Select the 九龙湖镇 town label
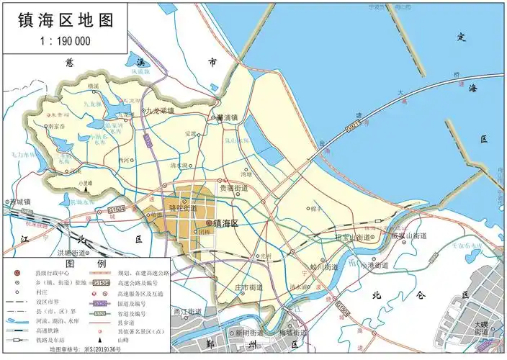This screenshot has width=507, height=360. coord(160,111)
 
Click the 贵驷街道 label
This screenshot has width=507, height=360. coord(234,188)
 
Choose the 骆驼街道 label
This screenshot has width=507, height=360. coord(182,207)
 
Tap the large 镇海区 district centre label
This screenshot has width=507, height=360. coord(230,224)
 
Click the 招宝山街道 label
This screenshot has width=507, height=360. coord(354,237)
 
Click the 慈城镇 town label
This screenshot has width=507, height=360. coord(19,202)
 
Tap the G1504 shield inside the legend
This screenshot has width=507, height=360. coord(102,284)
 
